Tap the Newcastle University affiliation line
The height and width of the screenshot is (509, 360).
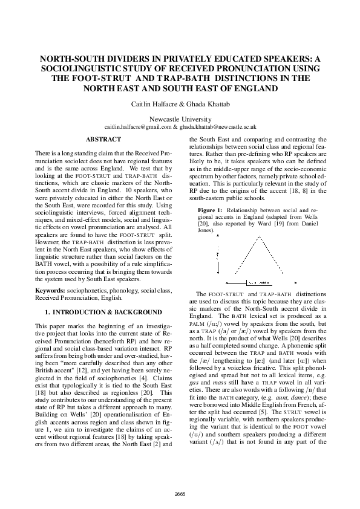(180, 119)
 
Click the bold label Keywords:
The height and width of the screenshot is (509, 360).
(51, 291)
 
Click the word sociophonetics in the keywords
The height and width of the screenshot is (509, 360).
(88, 291)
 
